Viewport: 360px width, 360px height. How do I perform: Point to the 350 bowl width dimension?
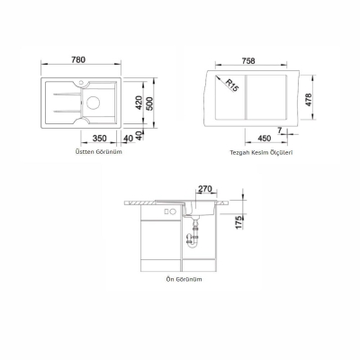click(x=99, y=139)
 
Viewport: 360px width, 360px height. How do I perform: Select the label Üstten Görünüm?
click(x=98, y=152)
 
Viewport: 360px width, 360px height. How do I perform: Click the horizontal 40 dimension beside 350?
click(x=129, y=139)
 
